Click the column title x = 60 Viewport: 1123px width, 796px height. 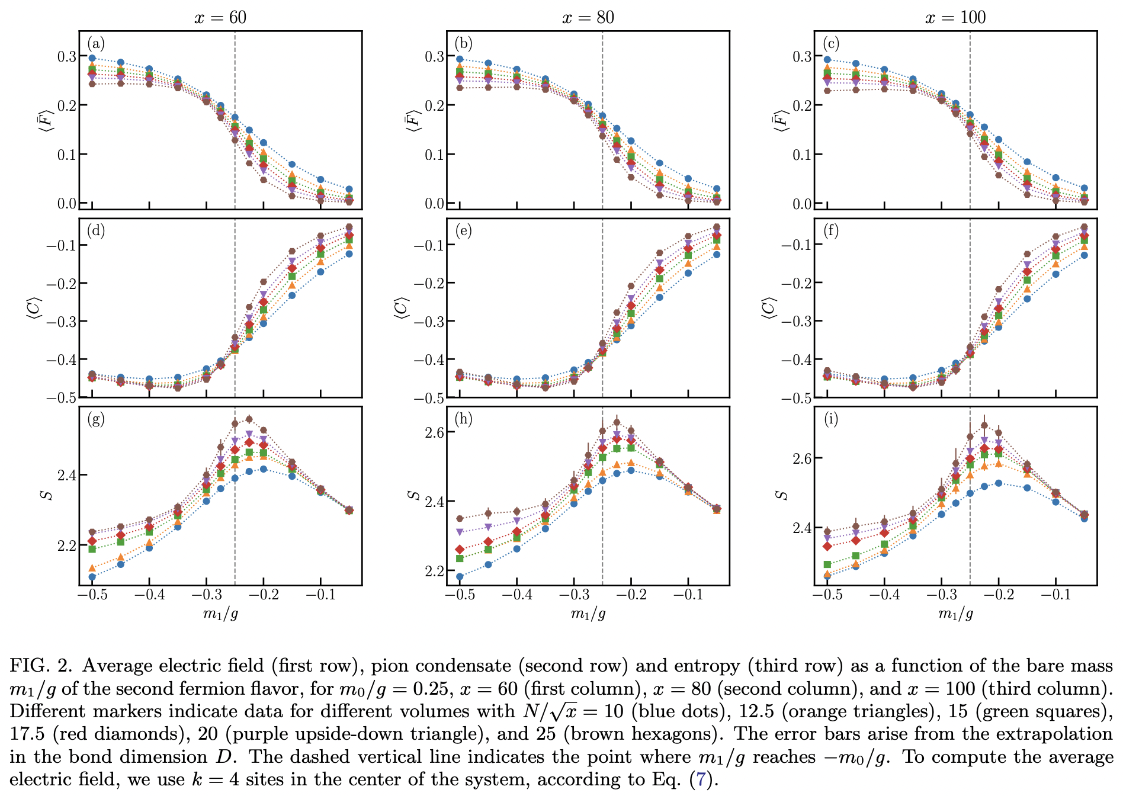[220, 17]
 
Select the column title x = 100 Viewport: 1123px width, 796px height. [955, 17]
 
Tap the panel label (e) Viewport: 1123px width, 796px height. [463, 231]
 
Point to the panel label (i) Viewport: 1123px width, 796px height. [831, 419]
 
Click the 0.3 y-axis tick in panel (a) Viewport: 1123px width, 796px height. [66, 56]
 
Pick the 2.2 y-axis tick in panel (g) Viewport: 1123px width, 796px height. [66, 545]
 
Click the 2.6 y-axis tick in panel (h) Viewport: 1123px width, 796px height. [434, 432]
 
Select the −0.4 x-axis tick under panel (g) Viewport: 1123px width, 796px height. [149, 595]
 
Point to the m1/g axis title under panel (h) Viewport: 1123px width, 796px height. [588, 614]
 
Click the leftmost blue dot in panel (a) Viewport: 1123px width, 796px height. [92, 58]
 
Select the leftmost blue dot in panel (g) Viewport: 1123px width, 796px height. [92, 577]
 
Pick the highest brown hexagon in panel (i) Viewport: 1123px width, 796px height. [984, 425]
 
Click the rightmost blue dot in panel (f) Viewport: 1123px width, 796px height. [1084, 255]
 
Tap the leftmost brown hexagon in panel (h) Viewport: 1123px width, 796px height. [460, 519]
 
